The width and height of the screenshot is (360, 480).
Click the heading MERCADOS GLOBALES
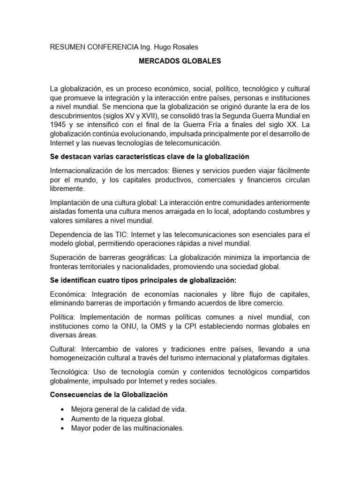tap(180, 61)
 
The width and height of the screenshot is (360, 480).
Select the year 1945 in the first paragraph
tap(59, 125)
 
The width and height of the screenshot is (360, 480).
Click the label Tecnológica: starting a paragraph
tap(70, 372)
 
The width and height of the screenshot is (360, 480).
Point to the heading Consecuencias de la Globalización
tap(109, 395)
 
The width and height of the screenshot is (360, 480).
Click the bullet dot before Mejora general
tap(63, 409)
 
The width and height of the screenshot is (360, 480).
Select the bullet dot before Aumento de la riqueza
tap(63, 419)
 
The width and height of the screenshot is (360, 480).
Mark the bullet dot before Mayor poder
tap(63, 428)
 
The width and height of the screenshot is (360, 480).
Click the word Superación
tap(69, 257)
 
